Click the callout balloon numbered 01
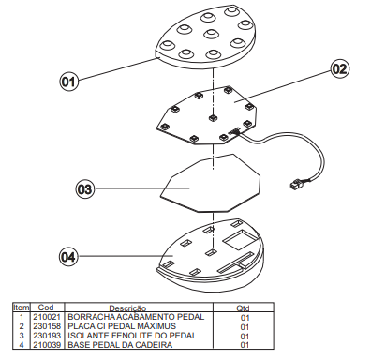coord(68,82)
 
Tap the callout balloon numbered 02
coord(339,68)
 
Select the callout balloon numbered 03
coord(85,189)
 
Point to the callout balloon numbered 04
coord(68,257)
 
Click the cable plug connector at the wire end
coord(296,184)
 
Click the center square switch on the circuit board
coord(214,117)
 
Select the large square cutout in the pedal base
coord(239,239)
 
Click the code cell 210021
coord(47,317)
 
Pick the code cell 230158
coord(47,326)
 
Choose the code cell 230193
coord(47,336)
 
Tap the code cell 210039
coord(47,345)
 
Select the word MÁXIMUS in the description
coord(156,326)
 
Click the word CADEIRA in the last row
coord(155,345)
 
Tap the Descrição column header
coord(127,308)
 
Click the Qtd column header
coord(243,308)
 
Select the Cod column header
coord(46,307)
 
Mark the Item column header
coord(22,307)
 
